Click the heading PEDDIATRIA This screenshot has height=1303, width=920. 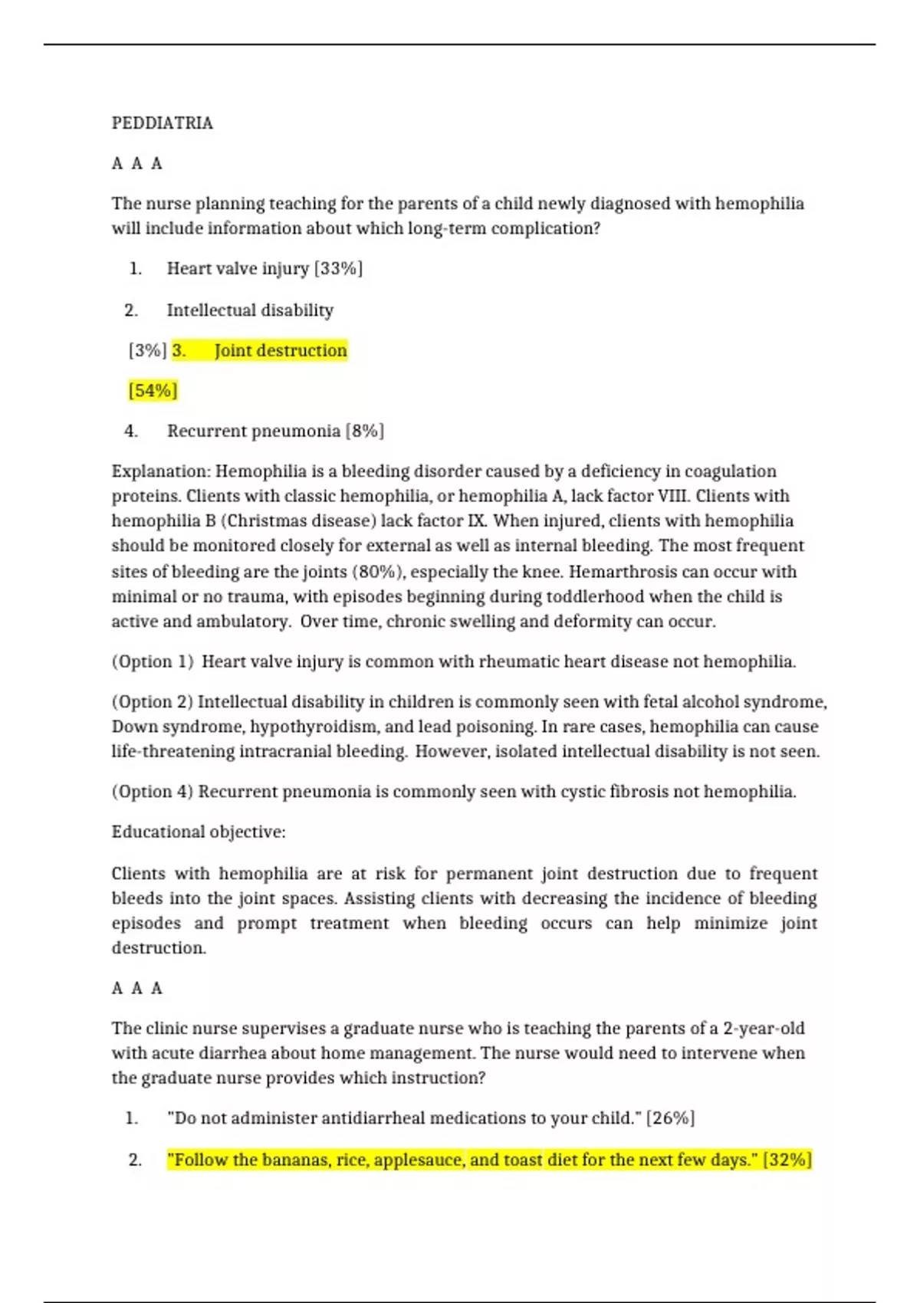coord(163,123)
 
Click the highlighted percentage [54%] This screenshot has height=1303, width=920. coord(153,391)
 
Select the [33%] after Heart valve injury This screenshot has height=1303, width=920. coord(338,268)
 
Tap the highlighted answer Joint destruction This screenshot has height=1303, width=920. coord(281,350)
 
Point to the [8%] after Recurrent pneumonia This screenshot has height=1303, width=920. coord(365,431)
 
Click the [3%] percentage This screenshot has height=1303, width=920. coord(147,350)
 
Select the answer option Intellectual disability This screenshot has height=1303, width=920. coord(250,310)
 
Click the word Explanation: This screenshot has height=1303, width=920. coord(160,471)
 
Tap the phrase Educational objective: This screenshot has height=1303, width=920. coord(199,832)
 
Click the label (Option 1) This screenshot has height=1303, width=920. coord(153,661)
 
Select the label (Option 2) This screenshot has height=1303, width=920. coord(153,702)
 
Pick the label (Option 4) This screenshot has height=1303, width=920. coord(153,792)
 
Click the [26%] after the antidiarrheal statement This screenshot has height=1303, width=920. coord(671,1118)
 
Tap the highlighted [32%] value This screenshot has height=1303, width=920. coord(787,1160)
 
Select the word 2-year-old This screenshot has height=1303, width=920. coord(764,1028)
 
